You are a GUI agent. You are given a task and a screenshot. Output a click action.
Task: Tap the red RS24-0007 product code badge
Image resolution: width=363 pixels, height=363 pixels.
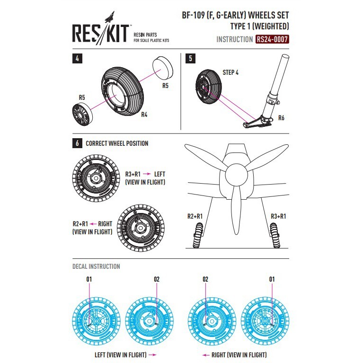click(272, 40)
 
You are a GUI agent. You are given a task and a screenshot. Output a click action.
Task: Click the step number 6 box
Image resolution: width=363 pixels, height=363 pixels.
click(77, 143)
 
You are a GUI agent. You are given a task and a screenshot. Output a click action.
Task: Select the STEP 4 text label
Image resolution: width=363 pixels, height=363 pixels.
click(230, 72)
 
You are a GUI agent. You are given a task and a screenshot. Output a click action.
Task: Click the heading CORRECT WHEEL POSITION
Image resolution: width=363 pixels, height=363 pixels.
click(117, 143)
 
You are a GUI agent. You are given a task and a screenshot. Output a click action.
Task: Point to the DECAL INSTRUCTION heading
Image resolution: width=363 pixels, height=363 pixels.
click(96, 266)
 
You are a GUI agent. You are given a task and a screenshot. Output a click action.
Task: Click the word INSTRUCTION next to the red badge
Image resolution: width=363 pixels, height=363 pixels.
click(234, 40)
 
